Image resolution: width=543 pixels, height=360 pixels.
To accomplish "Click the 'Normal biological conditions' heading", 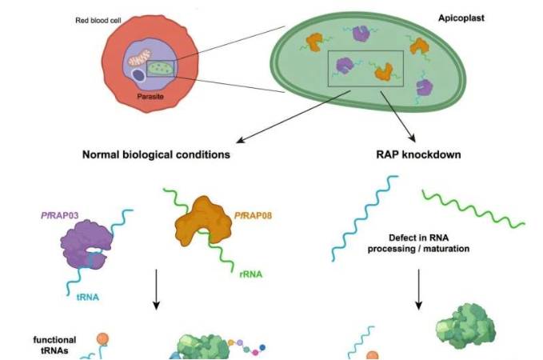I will (x=158, y=154).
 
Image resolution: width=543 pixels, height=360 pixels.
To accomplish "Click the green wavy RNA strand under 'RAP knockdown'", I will (x=473, y=208).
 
